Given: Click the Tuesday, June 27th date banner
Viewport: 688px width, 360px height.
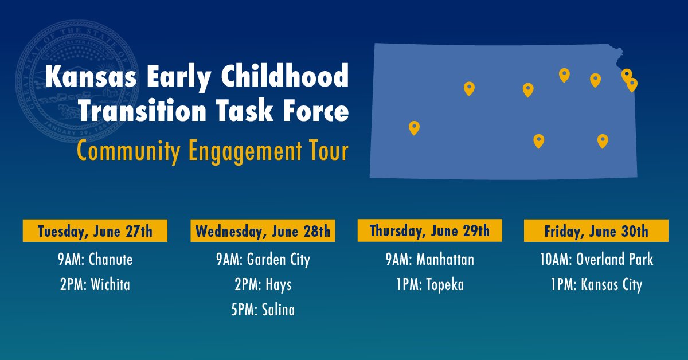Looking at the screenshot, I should pos(95,232).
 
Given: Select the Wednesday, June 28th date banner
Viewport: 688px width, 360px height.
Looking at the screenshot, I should pos(263,232).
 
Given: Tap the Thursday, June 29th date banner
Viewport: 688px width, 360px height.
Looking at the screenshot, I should pos(429,231).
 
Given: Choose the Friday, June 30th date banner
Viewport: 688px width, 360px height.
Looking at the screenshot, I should pos(596,232).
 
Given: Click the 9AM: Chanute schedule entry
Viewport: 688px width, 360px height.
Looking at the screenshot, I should pos(95,260).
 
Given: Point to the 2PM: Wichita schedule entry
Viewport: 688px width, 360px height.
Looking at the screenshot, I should pos(95,284).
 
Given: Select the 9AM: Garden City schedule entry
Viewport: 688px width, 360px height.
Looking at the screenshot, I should pos(263,260).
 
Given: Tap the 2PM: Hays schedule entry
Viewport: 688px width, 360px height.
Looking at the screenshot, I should pos(263,284).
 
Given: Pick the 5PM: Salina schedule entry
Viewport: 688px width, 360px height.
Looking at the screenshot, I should pos(263,310).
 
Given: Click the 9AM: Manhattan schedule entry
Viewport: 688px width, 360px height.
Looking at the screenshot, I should pos(429,260).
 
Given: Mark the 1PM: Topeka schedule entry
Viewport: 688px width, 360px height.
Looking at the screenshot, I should pos(429,284).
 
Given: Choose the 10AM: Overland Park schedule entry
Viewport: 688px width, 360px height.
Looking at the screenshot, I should pos(596,260).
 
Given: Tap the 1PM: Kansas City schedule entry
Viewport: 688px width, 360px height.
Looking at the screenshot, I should pos(596,284).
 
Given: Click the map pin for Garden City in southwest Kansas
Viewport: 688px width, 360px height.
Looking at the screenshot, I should pos(414,127).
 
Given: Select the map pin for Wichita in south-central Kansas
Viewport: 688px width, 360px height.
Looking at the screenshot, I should pos(538,140).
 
